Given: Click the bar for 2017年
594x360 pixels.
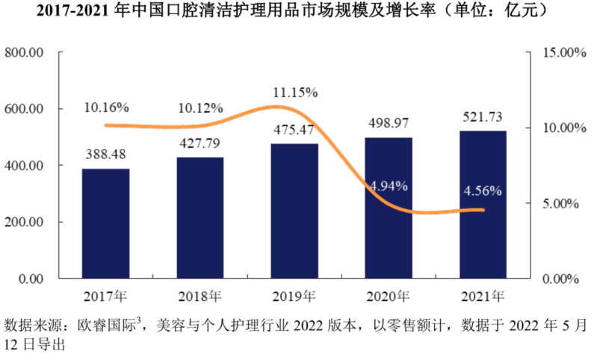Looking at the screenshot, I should (x=105, y=223).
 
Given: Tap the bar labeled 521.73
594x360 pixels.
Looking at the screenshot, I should (x=483, y=205).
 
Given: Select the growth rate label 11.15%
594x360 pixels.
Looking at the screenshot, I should (x=295, y=93).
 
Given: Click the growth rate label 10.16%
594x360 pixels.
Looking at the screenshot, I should (x=106, y=107).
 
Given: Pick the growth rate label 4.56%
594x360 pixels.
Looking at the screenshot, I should (x=482, y=190).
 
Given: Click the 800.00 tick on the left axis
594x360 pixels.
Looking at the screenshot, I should (x=25, y=52).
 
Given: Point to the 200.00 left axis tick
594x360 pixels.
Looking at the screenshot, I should (x=25, y=222).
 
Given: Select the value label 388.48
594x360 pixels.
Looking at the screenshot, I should (x=105, y=155).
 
